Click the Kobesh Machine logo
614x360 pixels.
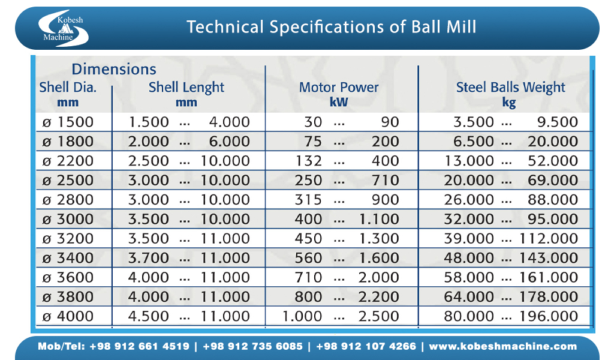tap(62, 28)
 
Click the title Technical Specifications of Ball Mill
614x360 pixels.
tap(332, 27)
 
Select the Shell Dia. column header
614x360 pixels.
tap(68, 87)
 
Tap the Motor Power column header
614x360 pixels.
tap(339, 87)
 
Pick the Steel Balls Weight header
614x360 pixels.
tap(510, 87)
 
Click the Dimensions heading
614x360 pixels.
tap(114, 69)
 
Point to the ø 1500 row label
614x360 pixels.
tap(68, 122)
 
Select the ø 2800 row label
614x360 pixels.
tap(68, 200)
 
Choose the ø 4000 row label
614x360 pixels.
tap(68, 316)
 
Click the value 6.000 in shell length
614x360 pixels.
tap(229, 142)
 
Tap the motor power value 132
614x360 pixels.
tap(309, 161)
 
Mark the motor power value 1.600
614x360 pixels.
tap(379, 258)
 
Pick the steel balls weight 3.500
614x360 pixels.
tap(474, 122)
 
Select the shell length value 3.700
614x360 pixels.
tap(149, 258)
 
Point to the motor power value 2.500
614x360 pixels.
tap(379, 316)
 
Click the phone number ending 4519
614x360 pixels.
tap(140, 346)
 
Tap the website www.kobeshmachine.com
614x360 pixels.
tap(503, 346)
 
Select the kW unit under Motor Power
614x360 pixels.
tap(339, 102)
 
